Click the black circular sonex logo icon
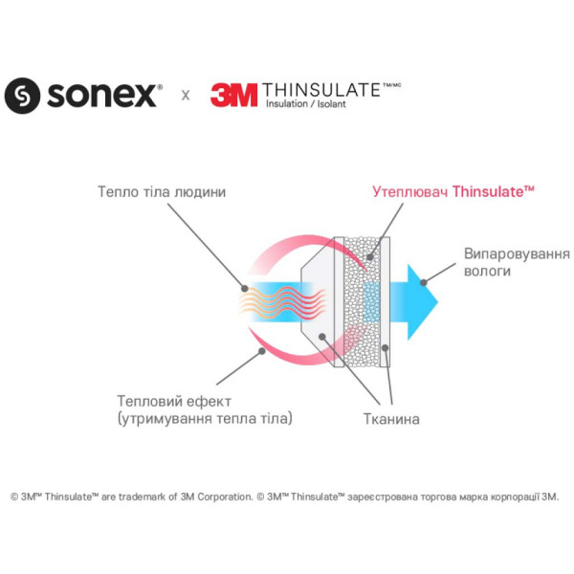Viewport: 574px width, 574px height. (22, 95)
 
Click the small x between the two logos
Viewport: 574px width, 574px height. (186, 96)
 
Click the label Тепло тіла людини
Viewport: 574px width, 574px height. (162, 191)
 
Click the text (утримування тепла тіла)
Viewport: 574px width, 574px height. (204, 418)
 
